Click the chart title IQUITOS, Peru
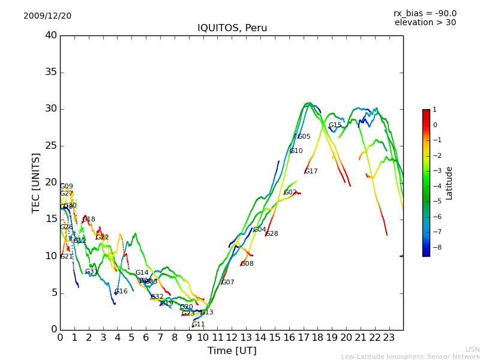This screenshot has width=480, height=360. click(x=232, y=28)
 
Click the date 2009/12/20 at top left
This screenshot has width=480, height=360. click(x=47, y=16)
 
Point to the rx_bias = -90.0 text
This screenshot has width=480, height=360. click(x=425, y=14)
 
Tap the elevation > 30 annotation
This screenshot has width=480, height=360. click(x=425, y=23)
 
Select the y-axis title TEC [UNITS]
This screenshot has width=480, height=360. click(x=37, y=183)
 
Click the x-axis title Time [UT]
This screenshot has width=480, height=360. click(x=232, y=351)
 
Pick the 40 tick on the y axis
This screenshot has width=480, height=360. click(x=51, y=35)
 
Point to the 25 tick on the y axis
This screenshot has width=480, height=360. click(x=51, y=146)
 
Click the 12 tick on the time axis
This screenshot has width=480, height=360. click(x=232, y=338)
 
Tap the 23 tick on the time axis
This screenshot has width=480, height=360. click(x=389, y=338)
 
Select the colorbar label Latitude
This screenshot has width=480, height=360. click(x=449, y=183)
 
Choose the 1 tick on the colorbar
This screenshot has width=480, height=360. click(x=435, y=110)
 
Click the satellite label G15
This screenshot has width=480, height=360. click(x=335, y=125)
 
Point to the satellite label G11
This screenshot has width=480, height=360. click(x=199, y=325)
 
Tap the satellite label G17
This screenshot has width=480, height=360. click(x=311, y=172)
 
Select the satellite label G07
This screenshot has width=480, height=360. click(x=228, y=283)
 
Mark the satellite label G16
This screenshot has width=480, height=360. click(x=121, y=292)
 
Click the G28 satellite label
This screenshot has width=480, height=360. click(x=272, y=234)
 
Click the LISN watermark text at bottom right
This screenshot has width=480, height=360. click(x=473, y=349)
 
